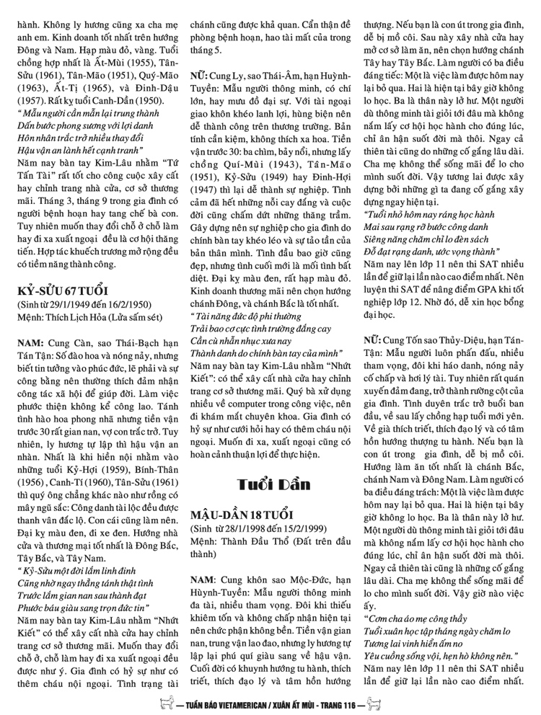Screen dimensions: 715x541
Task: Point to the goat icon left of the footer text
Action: pos(167,701)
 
